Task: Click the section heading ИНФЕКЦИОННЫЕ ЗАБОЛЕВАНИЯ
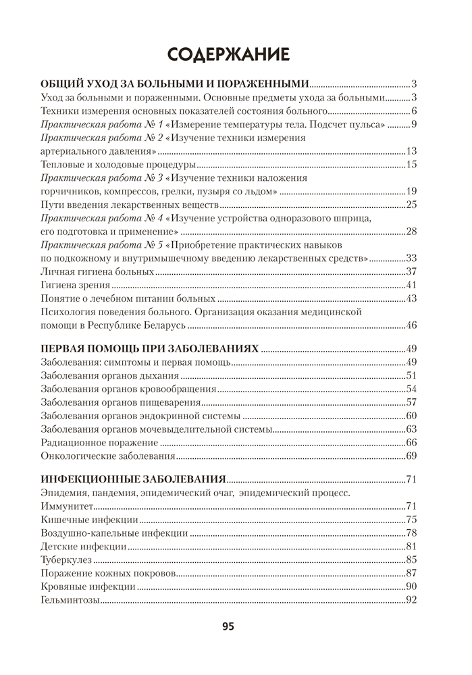tap(132, 480)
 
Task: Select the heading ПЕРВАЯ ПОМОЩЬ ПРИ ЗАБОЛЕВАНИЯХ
tap(149, 348)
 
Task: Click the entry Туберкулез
tap(67, 559)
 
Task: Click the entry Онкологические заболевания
tap(107, 456)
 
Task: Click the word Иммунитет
tap(68, 506)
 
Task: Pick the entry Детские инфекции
tap(83, 545)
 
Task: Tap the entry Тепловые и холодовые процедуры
tap(118, 165)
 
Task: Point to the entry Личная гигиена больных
tap(97, 271)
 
